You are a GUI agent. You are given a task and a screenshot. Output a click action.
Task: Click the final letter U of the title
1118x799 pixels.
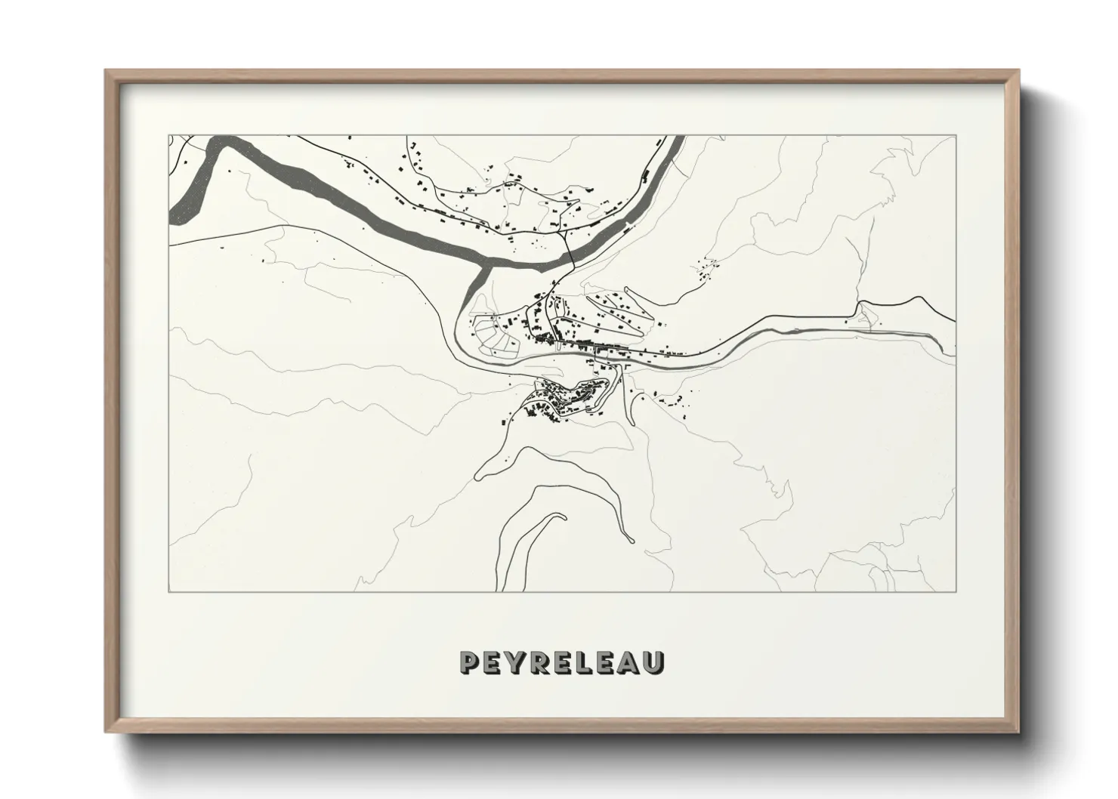click(653, 662)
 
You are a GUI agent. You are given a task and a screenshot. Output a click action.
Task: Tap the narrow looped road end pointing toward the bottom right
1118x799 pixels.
click(628, 539)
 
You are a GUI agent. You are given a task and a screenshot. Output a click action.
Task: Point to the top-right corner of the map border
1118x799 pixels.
click(956, 136)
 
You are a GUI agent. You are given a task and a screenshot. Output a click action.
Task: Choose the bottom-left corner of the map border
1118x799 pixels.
click(168, 591)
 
